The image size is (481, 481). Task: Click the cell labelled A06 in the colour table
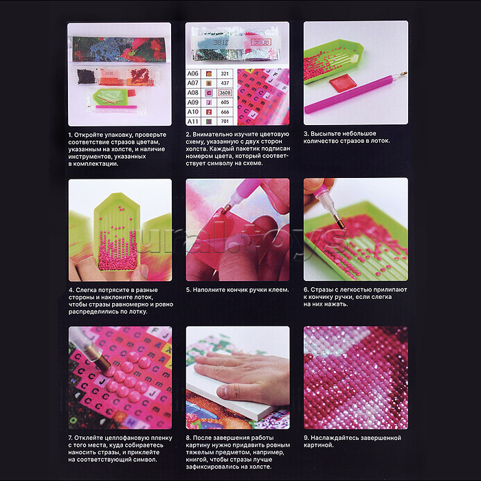pos(193,74)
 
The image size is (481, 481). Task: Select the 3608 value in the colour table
pos(225,93)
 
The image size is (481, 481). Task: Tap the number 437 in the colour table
pos(225,83)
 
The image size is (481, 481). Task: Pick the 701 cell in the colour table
pos(225,121)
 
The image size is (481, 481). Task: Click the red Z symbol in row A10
pos(209,112)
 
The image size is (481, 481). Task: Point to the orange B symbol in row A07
pos(209,83)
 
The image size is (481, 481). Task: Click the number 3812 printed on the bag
pos(221,43)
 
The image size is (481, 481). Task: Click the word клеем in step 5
pos(278,289)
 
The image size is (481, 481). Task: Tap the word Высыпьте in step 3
pos(325,134)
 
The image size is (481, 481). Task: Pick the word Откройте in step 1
pos(89,135)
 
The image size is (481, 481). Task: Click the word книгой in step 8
pos(196,460)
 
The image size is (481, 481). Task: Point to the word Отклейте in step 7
pos(89,438)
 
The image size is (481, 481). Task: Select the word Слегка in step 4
pos(86,290)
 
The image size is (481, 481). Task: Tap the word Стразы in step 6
pos(321,289)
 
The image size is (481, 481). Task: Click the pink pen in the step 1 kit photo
pos(116,107)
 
